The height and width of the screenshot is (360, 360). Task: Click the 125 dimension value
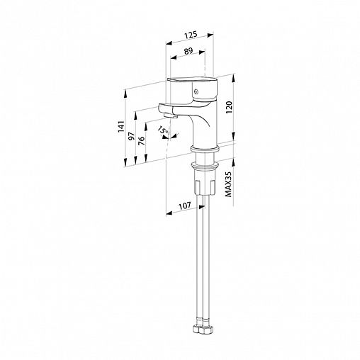click(191, 35)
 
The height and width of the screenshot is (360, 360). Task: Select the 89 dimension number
click(189, 51)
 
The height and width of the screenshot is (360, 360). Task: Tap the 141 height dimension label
click(121, 127)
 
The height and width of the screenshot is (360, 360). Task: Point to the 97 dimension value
click(132, 136)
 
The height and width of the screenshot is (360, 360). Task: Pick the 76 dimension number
click(141, 141)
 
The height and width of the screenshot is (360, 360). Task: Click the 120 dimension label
click(229, 107)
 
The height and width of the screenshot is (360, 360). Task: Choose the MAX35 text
click(228, 184)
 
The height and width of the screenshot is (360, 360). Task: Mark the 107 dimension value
click(184, 206)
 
